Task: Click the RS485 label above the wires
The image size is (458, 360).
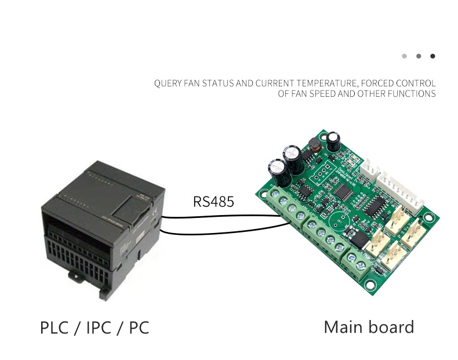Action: (213, 202)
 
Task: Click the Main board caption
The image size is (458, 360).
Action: (369, 327)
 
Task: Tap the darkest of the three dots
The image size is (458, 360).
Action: (432, 56)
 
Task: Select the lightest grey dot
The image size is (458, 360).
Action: (404, 56)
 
